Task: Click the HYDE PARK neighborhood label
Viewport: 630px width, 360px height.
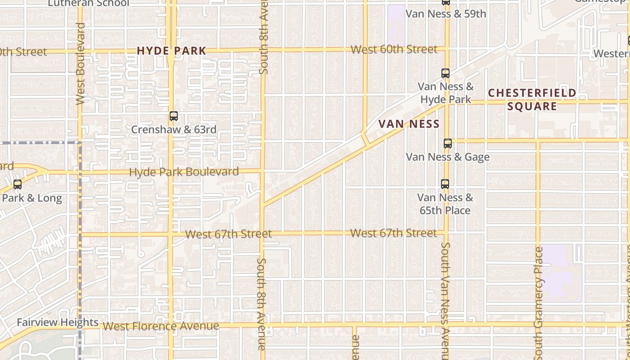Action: click(x=171, y=51)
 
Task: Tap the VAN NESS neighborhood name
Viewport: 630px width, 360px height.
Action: click(x=409, y=124)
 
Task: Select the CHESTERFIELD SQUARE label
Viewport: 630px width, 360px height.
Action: click(x=532, y=99)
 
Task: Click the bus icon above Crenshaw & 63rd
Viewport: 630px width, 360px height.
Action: click(x=174, y=116)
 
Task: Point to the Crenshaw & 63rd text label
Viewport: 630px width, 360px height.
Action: click(x=174, y=130)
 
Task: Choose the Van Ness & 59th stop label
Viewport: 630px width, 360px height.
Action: click(x=446, y=14)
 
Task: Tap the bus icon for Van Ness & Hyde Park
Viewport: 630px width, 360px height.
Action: click(x=445, y=73)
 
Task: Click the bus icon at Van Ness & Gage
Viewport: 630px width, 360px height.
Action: click(x=448, y=144)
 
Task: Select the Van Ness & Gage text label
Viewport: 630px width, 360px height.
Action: click(x=448, y=157)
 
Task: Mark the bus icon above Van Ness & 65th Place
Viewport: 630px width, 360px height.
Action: click(x=445, y=184)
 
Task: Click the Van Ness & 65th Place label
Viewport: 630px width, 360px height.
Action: click(x=445, y=204)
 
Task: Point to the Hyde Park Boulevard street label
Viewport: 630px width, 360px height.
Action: click(x=184, y=172)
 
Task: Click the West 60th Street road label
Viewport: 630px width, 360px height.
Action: click(x=394, y=49)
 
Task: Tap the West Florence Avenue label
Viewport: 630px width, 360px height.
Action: click(x=161, y=326)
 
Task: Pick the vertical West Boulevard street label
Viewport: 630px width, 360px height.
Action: click(x=81, y=63)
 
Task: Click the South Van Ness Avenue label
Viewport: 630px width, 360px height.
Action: click(x=445, y=300)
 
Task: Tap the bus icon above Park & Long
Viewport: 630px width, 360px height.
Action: click(x=18, y=184)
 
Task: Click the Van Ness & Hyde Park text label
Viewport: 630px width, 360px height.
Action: click(x=445, y=93)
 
